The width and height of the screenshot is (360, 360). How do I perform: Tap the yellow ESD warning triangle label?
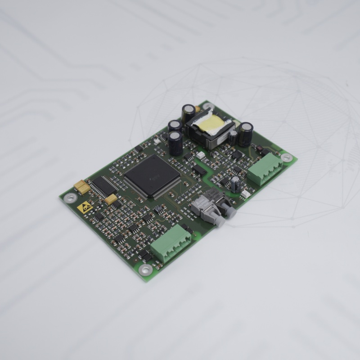(x=85, y=207)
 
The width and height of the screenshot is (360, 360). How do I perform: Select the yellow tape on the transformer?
(x=211, y=125)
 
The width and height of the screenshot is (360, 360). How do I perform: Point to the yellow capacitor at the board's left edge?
(x=82, y=186)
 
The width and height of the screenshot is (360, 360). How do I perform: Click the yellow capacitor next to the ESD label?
(x=111, y=198)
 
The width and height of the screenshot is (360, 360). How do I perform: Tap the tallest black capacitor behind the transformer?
(x=188, y=114)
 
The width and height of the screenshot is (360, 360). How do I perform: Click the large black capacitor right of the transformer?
(x=246, y=134)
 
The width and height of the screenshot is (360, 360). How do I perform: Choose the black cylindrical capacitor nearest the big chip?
(x=176, y=143)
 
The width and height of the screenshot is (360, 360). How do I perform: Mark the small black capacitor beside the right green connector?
(x=235, y=184)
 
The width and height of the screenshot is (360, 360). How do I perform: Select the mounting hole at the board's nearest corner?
(x=145, y=270)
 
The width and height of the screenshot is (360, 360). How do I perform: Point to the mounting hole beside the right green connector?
(x=286, y=157)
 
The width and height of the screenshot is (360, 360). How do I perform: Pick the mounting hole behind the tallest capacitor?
(x=207, y=107)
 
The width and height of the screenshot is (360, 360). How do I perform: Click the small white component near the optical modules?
(x=246, y=193)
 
